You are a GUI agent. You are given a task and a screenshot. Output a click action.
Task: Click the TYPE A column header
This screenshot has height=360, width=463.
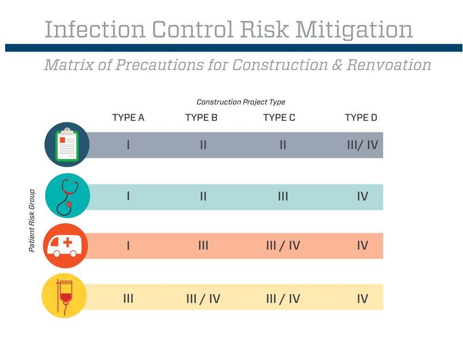click(128, 118)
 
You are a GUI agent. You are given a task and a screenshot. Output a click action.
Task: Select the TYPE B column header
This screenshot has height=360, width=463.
click(201, 118)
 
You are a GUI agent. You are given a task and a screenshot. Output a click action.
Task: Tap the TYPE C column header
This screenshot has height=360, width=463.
click(279, 118)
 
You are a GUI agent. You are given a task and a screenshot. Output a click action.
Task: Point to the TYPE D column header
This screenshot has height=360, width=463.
click(361, 118)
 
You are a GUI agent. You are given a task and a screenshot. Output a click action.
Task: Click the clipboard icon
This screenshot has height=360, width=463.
click(67, 145)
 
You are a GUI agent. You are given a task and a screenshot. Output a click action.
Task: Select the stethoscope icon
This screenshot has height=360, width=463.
click(67, 196)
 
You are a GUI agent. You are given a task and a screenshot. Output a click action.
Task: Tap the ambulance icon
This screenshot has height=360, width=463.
click(65, 246)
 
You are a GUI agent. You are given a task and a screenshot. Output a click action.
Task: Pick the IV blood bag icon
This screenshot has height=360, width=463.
click(64, 297)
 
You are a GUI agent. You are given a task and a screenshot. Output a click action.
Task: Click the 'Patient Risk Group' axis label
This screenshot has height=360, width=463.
click(32, 221)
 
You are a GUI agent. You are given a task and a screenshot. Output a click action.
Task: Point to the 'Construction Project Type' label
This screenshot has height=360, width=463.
click(241, 102)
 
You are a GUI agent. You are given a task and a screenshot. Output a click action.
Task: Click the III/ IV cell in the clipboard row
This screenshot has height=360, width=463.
click(362, 145)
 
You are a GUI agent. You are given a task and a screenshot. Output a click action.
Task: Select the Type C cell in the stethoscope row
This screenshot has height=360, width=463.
click(283, 197)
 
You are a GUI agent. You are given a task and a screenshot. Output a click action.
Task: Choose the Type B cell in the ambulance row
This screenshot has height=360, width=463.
click(203, 246)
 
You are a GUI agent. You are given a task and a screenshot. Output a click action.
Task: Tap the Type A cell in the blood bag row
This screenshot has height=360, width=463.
click(128, 299)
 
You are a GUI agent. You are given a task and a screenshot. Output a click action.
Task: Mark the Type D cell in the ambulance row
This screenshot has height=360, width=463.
click(362, 246)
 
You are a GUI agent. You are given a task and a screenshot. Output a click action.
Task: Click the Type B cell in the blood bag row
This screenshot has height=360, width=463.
click(203, 299)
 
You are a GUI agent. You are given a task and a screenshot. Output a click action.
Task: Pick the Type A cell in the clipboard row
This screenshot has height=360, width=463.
click(128, 145)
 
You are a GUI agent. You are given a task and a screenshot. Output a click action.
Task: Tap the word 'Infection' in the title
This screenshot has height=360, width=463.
click(95, 30)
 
